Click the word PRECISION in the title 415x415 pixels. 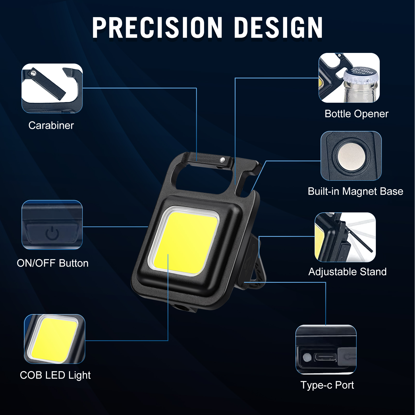pyautogui.click(x=157, y=28)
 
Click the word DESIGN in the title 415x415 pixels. pyautogui.click(x=278, y=28)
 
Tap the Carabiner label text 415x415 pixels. pyautogui.click(x=51, y=126)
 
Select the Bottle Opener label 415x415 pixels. pyautogui.click(x=356, y=114)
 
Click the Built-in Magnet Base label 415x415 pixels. pyautogui.click(x=355, y=191)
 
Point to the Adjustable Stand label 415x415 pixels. pyautogui.click(x=347, y=272)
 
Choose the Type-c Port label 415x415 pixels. pyautogui.click(x=327, y=385)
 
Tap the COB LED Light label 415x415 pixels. pyautogui.click(x=55, y=375)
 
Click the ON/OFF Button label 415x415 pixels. pyautogui.click(x=53, y=263)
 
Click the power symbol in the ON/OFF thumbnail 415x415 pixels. pyautogui.click(x=52, y=233)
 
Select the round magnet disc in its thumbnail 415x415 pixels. pyautogui.click(x=351, y=156)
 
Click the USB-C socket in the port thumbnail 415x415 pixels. pyautogui.click(x=325, y=357)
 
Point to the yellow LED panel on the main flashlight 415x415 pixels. pyautogui.click(x=186, y=242)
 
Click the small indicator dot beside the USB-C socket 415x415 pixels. pyautogui.click(x=307, y=357)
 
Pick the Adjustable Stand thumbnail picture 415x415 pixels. pyautogui.click(x=345, y=237)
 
